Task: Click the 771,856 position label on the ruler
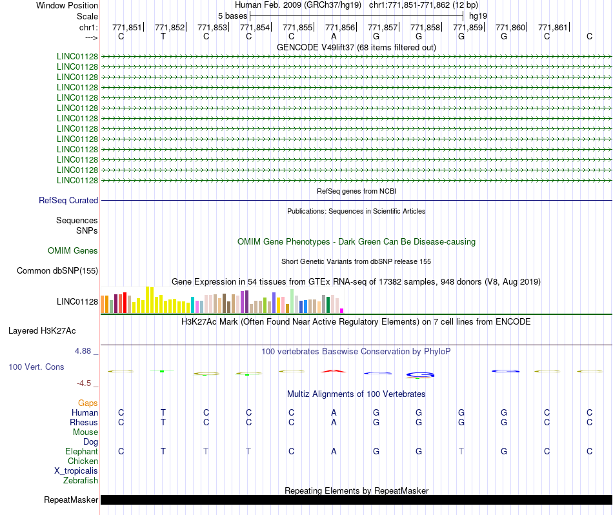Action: [x=339, y=27]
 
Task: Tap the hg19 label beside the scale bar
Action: [x=478, y=16]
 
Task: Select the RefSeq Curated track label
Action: [x=68, y=200]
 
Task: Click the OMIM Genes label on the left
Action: [x=73, y=250]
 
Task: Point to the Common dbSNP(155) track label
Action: [x=57, y=270]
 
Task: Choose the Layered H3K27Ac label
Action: [x=42, y=331]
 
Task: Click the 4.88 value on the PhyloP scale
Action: [x=83, y=351]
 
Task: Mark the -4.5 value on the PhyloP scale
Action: [x=84, y=383]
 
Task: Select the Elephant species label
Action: [x=81, y=451]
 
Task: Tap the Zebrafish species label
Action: [x=81, y=480]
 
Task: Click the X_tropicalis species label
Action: [x=76, y=471]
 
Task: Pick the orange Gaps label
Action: [x=88, y=403]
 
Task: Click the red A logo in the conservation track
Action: [x=334, y=370]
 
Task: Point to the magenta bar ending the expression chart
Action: [x=342, y=310]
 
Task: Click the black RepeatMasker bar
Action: [x=356, y=500]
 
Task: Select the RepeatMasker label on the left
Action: [x=71, y=500]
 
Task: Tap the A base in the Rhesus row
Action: [x=334, y=422]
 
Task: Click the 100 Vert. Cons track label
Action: [x=36, y=367]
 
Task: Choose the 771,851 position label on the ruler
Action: [x=127, y=27]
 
